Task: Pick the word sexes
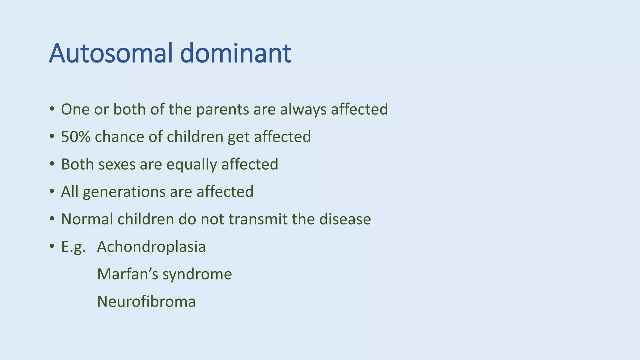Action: (x=117, y=165)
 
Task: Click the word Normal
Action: (x=87, y=219)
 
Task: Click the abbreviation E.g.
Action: (x=73, y=247)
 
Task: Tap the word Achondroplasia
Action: (x=151, y=247)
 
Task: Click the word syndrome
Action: (x=197, y=275)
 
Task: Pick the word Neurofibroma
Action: (x=146, y=302)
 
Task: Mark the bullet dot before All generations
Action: (x=52, y=192)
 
